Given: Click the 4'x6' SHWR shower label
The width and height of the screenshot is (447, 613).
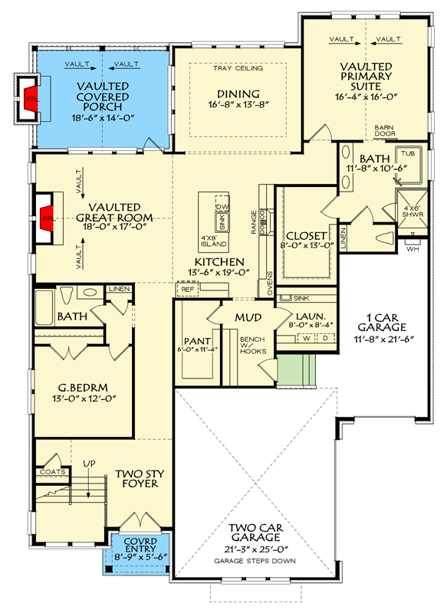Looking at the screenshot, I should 407,211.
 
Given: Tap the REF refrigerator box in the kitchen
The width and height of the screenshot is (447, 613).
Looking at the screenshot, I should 186,289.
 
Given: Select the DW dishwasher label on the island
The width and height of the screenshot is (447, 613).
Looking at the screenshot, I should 223,208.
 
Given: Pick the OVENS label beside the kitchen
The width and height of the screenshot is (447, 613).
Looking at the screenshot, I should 269,283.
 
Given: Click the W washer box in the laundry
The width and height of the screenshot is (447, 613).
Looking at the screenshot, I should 307,337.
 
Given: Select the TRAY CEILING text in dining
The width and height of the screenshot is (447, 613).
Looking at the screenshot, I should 238,68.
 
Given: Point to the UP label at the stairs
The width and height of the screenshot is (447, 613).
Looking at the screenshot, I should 88,462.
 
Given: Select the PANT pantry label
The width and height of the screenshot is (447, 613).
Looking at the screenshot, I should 192,341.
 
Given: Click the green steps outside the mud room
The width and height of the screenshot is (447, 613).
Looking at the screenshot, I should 295,370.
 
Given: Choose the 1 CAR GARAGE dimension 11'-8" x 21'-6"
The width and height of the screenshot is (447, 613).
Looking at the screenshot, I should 376,338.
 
